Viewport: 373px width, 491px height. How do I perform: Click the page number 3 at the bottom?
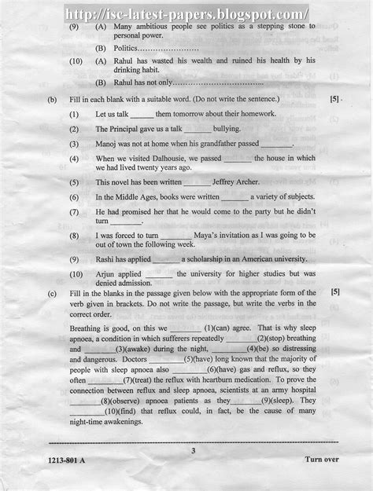(x=193, y=450)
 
